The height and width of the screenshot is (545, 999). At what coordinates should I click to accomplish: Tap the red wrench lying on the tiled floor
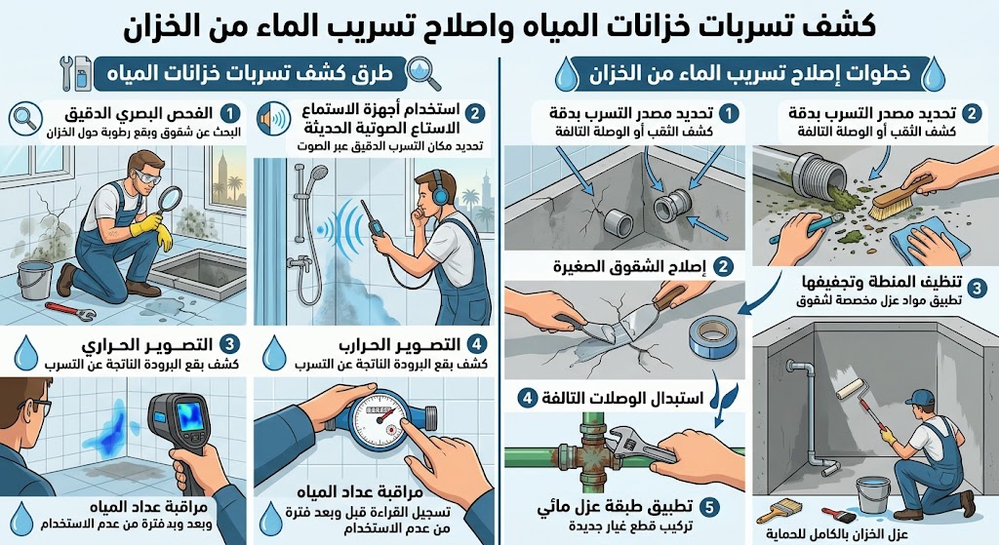70,311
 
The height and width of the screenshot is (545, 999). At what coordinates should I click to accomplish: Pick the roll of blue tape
712,336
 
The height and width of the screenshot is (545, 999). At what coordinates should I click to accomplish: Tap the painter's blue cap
918,398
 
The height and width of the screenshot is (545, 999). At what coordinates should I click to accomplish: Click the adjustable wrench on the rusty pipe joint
637,448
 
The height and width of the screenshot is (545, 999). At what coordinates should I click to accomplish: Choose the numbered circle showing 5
709,507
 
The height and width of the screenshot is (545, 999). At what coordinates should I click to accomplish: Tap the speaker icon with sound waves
274,119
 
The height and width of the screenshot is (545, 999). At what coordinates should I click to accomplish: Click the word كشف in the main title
844,26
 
